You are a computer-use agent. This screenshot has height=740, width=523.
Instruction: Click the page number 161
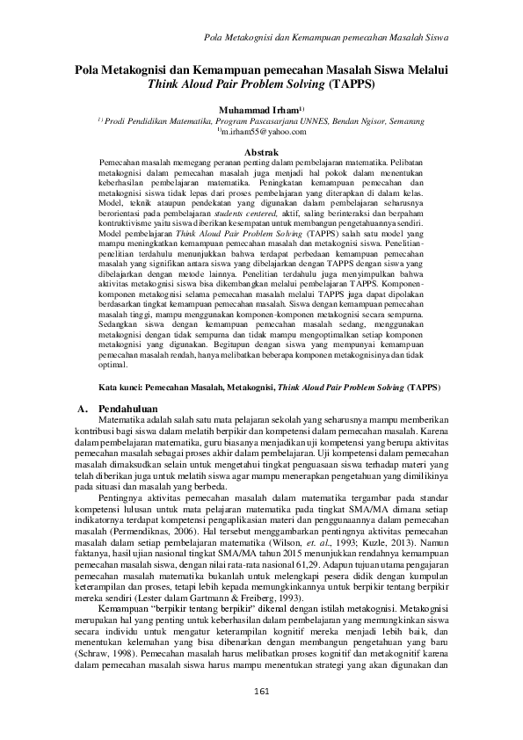click(261, 692)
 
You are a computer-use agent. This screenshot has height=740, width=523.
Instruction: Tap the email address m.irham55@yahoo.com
click(263, 131)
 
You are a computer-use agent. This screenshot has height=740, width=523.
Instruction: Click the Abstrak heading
click(261, 152)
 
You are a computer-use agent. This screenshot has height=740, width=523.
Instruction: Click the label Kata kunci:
click(121, 386)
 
